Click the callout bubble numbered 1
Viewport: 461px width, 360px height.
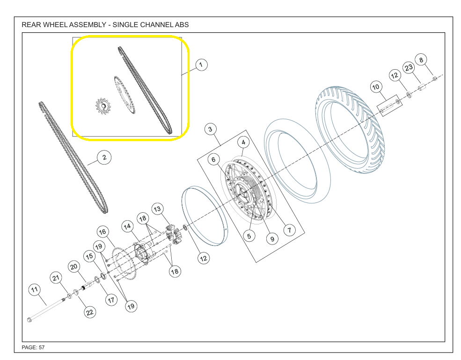(x=201, y=65)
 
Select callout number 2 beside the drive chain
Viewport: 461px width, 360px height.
(x=104, y=158)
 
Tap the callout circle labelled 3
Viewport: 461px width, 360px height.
(x=210, y=129)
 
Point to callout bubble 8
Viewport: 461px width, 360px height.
(x=421, y=60)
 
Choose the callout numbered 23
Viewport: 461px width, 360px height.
(x=409, y=68)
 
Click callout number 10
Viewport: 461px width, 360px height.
(x=376, y=87)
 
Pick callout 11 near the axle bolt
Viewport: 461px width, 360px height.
(x=35, y=290)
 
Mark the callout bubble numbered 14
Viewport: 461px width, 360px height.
(x=128, y=227)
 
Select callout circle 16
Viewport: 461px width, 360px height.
(x=102, y=232)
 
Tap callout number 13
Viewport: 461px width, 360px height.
(x=157, y=209)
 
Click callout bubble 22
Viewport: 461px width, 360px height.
(x=90, y=312)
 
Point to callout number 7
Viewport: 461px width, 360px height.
(x=289, y=230)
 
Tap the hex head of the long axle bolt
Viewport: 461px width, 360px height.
(x=29, y=319)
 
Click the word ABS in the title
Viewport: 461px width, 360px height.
(x=182, y=25)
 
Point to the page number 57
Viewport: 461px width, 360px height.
(x=42, y=348)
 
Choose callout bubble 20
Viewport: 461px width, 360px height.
(x=74, y=266)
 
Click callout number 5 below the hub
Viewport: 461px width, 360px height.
(x=249, y=236)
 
